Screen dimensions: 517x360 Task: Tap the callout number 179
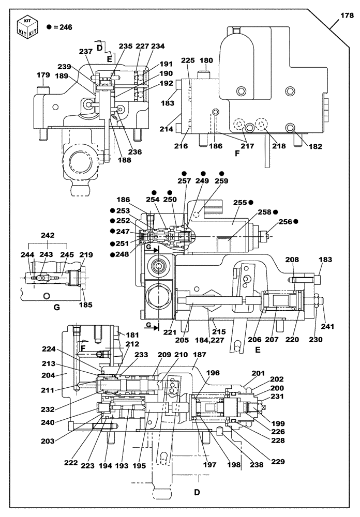pos(43,75)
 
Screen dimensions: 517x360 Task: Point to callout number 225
pos(188,60)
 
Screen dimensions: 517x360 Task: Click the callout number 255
pos(240,203)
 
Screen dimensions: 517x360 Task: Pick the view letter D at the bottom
pos(197,492)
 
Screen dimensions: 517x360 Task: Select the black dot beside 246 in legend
pos(48,27)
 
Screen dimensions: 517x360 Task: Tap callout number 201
pos(258,373)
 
